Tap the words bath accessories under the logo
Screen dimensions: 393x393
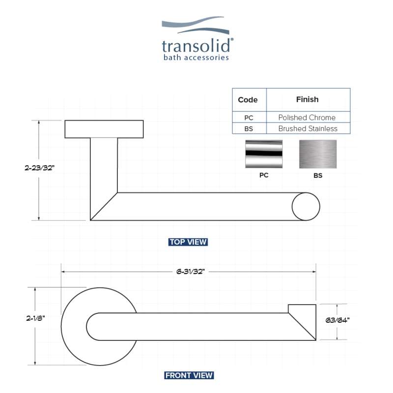(196, 57)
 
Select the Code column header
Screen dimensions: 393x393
(248, 100)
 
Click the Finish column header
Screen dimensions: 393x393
(308, 100)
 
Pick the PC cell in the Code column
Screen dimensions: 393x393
(249, 118)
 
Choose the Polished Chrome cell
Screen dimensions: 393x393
(307, 117)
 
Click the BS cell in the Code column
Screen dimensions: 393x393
(249, 129)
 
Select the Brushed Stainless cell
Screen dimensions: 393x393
(308, 128)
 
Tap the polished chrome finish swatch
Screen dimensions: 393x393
(264, 154)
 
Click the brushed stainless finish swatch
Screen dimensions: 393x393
(318, 154)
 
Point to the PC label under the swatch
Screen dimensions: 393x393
(264, 175)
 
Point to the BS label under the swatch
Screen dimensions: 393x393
(318, 175)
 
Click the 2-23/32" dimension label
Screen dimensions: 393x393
(40, 168)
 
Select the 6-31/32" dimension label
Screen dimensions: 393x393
(191, 272)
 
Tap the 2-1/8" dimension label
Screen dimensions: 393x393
(35, 318)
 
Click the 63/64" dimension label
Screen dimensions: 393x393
(337, 320)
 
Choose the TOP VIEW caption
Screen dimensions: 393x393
(188, 242)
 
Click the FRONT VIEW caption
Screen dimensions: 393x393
(189, 375)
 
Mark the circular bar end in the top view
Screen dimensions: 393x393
(306, 206)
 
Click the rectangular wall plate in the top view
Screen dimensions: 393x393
(104, 129)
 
